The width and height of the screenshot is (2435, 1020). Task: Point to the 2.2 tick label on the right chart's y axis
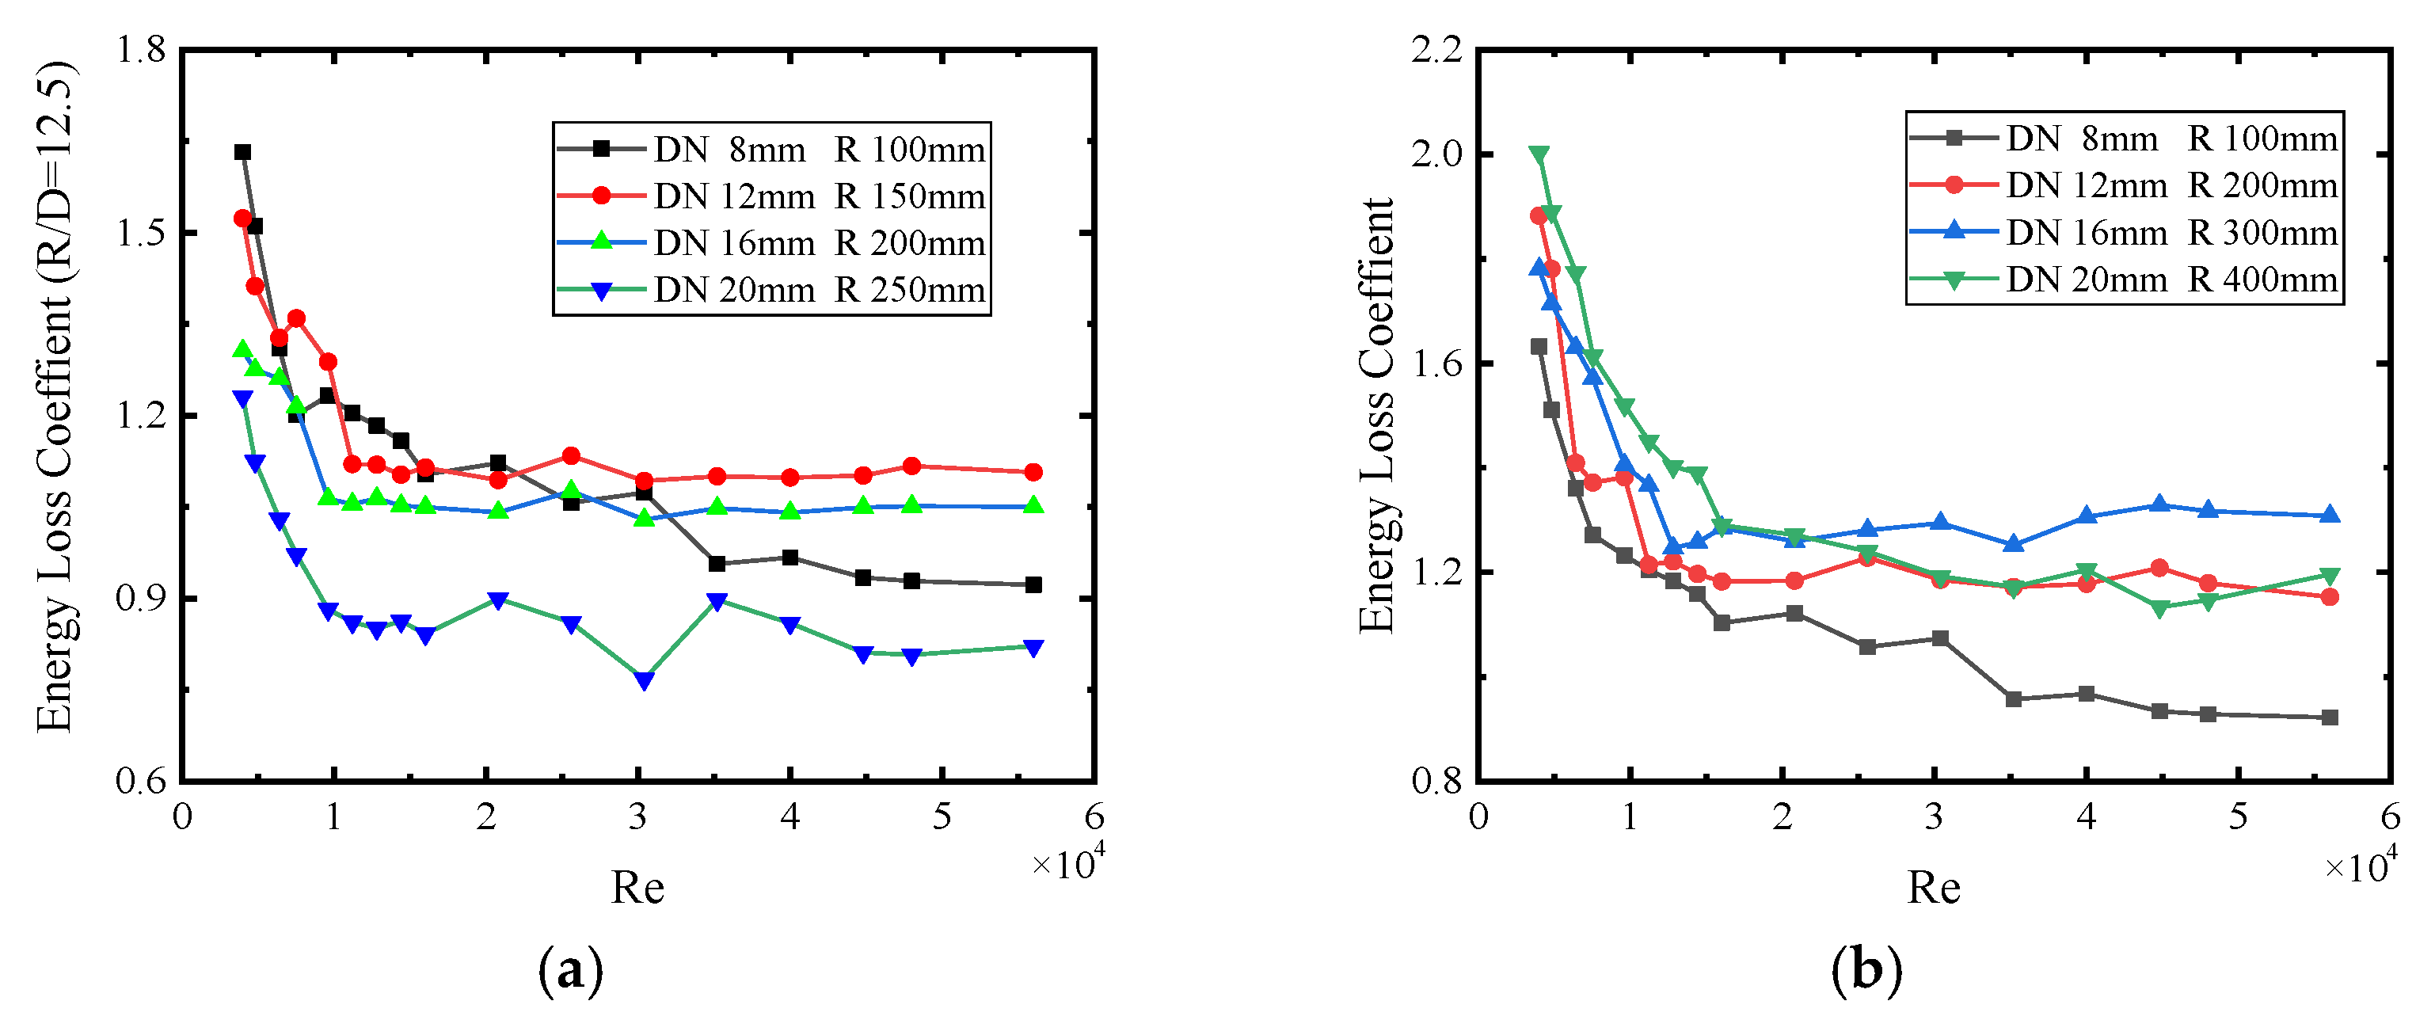pos(1436,49)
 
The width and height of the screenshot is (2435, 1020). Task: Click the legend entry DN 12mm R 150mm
pos(819,196)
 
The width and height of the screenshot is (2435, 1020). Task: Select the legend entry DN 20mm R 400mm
pos(2171,280)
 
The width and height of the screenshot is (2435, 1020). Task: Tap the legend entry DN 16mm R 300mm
pos(2171,233)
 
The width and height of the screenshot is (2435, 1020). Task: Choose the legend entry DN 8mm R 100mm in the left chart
pos(819,150)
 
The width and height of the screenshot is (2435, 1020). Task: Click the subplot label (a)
pos(570,971)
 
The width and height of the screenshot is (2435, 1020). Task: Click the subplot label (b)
pos(1866,971)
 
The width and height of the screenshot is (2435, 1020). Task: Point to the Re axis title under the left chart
pos(637,888)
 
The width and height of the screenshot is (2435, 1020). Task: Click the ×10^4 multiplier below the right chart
pos(2361,865)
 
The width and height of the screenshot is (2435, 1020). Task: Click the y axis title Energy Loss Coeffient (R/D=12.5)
pos(55,397)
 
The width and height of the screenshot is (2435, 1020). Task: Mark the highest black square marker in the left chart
pos(243,152)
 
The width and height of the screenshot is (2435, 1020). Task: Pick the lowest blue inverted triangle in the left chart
pos(645,680)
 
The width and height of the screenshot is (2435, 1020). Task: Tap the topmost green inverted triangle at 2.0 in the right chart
pos(1539,155)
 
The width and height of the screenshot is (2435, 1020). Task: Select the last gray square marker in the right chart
pos(2330,717)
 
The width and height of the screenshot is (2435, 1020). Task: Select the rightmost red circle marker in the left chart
pos(1033,472)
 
